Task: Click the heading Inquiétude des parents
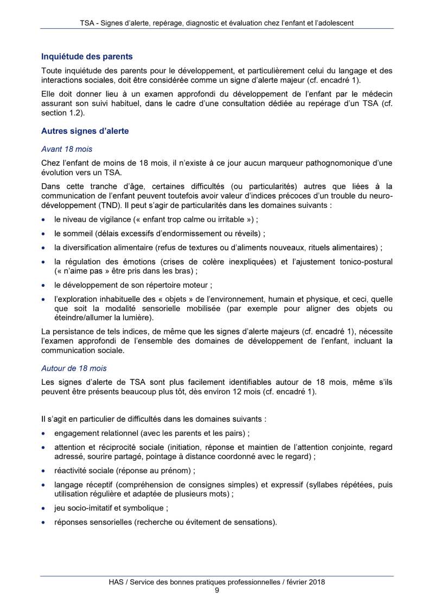(x=87, y=56)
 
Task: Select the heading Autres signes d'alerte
(x=85, y=131)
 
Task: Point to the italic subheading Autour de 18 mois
(x=74, y=368)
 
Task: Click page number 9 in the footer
(x=217, y=590)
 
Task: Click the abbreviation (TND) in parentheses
(x=101, y=207)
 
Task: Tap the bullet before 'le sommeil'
(x=43, y=234)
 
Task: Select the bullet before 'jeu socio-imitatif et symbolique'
(x=43, y=509)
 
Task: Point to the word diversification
(x=91, y=248)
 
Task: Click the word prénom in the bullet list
(x=175, y=471)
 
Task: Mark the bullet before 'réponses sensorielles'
(x=43, y=523)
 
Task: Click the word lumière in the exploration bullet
(x=137, y=318)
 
